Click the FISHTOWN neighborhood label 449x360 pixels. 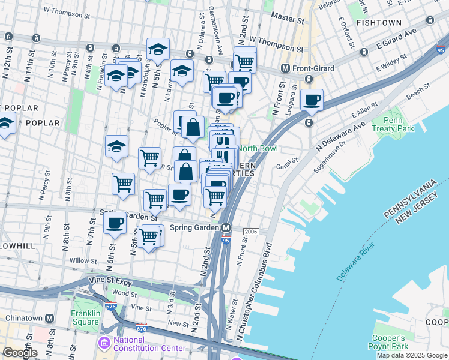click(x=378, y=23)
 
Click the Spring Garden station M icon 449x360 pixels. click(x=226, y=228)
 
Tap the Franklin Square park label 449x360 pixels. click(x=85, y=317)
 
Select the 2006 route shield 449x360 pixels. click(x=251, y=232)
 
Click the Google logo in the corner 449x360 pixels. click(x=19, y=353)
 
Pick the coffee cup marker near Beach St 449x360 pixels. click(x=312, y=100)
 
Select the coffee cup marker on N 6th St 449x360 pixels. click(x=115, y=223)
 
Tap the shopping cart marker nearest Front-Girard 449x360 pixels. click(x=244, y=61)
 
